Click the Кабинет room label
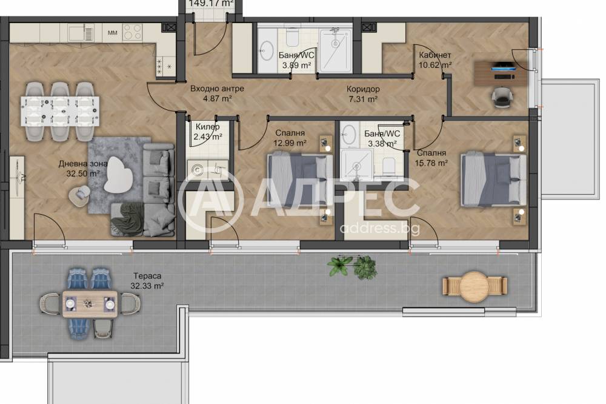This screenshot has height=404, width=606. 435,55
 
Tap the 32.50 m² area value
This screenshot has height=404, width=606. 83,173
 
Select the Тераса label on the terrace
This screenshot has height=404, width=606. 147,276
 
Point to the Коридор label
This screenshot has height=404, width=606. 363,89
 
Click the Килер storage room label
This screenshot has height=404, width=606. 207,127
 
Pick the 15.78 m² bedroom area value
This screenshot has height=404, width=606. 431,163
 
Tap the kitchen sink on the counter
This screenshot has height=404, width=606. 81,33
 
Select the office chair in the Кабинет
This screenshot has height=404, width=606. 502,98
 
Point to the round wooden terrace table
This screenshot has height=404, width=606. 474,287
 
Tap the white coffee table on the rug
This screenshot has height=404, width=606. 118,174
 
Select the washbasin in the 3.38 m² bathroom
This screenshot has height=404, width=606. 350,134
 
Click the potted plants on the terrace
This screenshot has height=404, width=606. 352,266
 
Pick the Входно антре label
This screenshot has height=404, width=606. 217,89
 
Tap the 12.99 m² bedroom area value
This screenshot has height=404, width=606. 290,143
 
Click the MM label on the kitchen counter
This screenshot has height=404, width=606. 113,33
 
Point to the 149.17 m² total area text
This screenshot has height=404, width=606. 211,4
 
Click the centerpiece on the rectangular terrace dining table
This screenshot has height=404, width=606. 89,304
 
